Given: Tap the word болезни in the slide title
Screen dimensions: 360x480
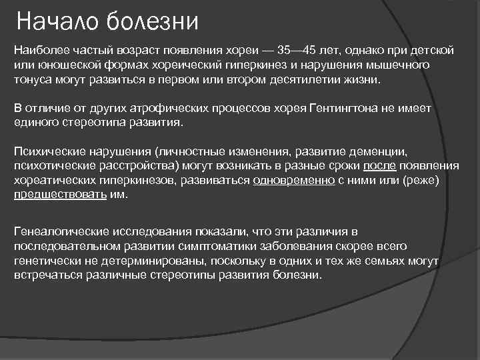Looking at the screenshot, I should (152, 22).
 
